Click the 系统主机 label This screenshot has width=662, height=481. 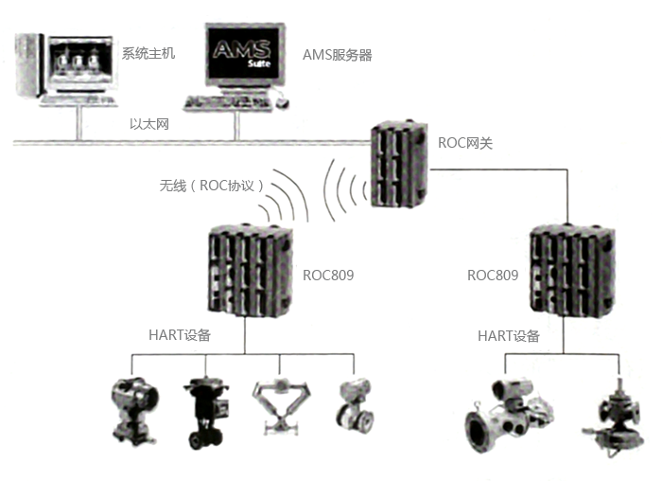[148, 53]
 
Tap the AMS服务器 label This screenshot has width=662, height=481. [337, 55]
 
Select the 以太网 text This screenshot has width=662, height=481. [149, 124]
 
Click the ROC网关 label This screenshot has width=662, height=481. [465, 143]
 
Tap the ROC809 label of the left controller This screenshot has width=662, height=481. [328, 276]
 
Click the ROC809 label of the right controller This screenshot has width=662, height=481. [493, 276]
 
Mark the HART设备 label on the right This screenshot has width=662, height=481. [508, 335]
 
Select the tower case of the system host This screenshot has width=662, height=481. [27, 65]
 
